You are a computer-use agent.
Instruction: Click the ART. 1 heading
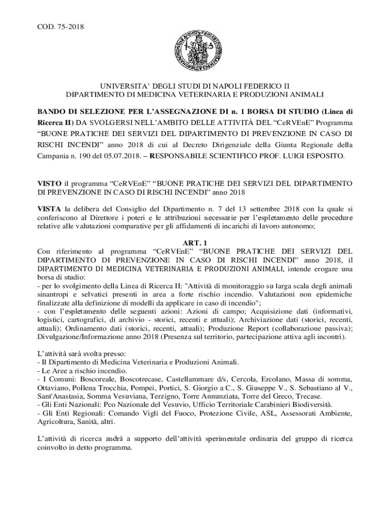pos(195,243)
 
